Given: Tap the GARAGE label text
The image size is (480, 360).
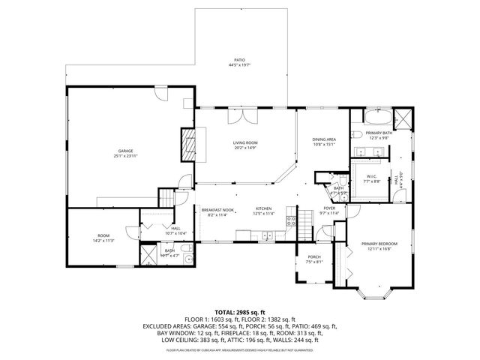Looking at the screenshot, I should coord(125,152).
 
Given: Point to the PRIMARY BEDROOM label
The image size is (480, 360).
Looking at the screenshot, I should coord(379,246).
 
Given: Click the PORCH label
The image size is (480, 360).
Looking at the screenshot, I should coord(313,259).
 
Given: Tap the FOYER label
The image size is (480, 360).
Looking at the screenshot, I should coord(330,210).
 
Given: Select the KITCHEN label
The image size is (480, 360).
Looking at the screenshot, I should coord(265,211).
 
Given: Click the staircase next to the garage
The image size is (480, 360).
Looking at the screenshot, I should coord(166,199).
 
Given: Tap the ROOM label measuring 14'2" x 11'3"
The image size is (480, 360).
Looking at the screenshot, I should coord(103,238).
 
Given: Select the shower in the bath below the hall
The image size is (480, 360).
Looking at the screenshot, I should coord(189,260).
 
